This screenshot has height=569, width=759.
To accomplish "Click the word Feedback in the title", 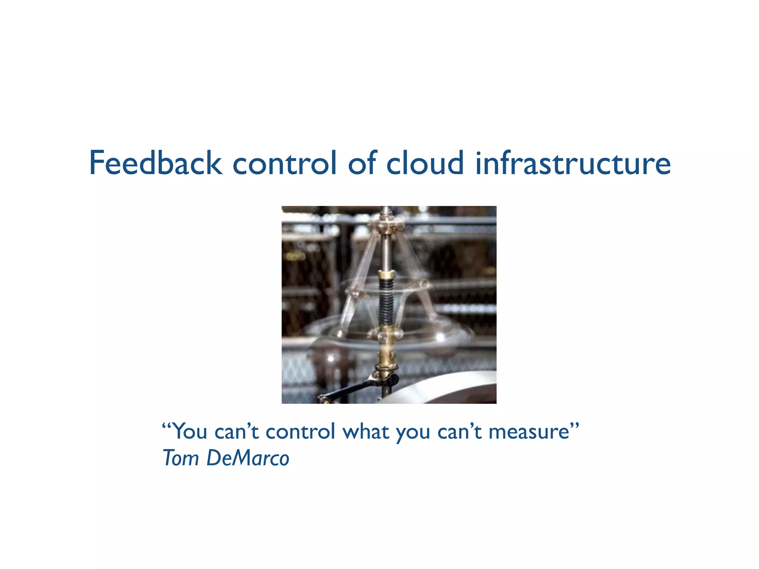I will pyautogui.click(x=156, y=163).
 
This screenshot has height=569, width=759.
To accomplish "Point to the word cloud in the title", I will pyautogui.click(x=425, y=163).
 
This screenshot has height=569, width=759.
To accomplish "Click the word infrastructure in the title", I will pyautogui.click(x=573, y=163).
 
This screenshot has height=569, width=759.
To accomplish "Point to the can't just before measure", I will pyautogui.click(x=460, y=432).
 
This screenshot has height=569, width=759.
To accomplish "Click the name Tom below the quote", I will pyautogui.click(x=181, y=458).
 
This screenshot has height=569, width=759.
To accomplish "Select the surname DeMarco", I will pyautogui.click(x=248, y=458).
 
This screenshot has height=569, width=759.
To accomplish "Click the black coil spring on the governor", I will pyautogui.click(x=386, y=304).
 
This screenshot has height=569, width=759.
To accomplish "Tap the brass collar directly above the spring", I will pyautogui.click(x=386, y=275).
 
